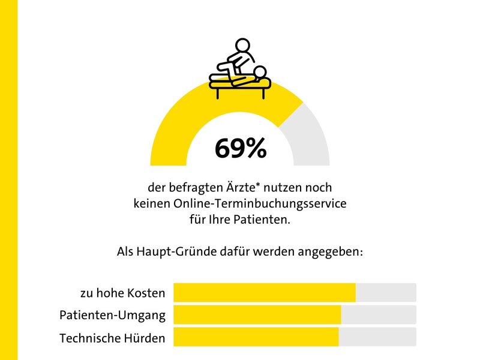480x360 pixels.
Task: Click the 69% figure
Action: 240,149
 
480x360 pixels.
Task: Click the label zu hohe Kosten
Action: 122,293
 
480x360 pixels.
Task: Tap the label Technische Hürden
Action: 112,338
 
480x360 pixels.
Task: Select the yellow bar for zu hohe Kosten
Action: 264,293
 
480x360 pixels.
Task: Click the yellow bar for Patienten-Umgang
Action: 257,315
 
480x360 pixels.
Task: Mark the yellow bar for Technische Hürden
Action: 256,337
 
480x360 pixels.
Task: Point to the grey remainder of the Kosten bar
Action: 386,293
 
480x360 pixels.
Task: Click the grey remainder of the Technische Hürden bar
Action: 377,337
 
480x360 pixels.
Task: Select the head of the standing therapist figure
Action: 242,46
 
